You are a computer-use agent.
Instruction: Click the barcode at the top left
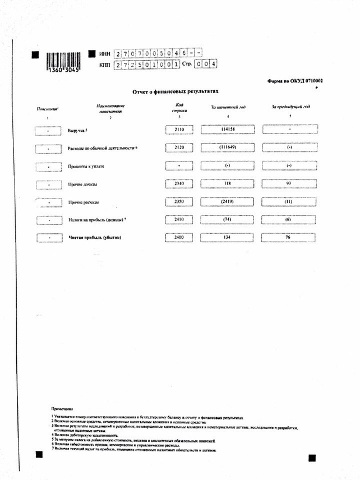(x=63, y=58)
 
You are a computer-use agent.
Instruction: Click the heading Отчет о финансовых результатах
(x=174, y=90)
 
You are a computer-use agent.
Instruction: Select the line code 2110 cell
(x=179, y=130)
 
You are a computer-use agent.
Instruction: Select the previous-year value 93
(x=289, y=183)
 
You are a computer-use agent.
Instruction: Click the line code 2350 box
(x=179, y=201)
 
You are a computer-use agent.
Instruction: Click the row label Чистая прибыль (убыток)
(x=95, y=237)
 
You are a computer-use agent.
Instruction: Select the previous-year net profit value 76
(x=289, y=237)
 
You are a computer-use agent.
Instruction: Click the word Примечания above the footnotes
(x=62, y=410)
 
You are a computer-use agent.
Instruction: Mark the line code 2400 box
(x=179, y=237)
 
